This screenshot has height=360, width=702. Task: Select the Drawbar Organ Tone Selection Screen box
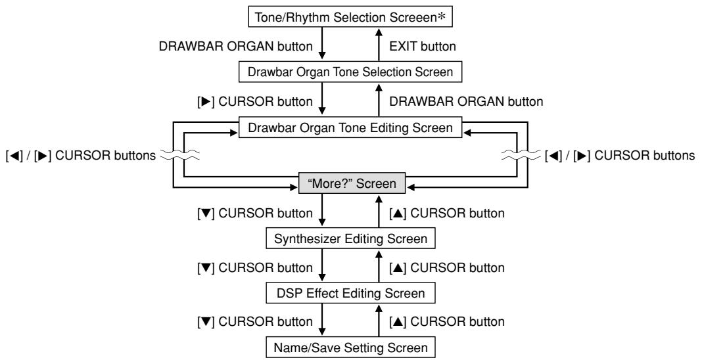pos(350,71)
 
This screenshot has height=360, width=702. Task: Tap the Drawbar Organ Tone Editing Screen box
pos(350,128)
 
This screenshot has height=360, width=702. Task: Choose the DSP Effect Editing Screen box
pos(350,292)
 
